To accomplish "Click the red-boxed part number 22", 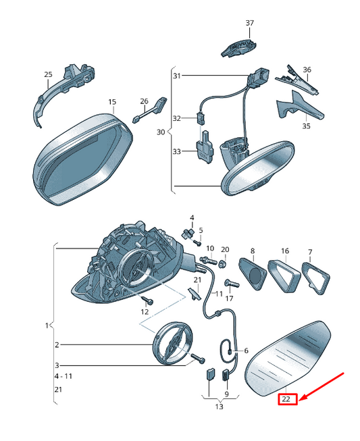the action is pyautogui.click(x=288, y=399).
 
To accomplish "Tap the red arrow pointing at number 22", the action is pyautogui.click(x=322, y=386).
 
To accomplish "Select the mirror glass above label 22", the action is pyautogui.click(x=288, y=359).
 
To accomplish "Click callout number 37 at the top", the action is pyautogui.click(x=250, y=23).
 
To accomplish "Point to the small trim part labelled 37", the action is pyautogui.click(x=238, y=48).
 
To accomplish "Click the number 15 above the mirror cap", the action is pyautogui.click(x=112, y=102).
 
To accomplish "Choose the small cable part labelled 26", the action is pyautogui.click(x=150, y=110).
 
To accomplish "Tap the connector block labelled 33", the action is pyautogui.click(x=205, y=148).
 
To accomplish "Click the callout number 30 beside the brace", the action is pyautogui.click(x=161, y=132).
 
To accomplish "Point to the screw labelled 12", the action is pyautogui.click(x=147, y=301).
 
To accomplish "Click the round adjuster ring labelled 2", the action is pyautogui.click(x=172, y=343).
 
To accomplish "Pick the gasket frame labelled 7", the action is pyautogui.click(x=315, y=278).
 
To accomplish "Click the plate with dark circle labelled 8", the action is pyautogui.click(x=253, y=274).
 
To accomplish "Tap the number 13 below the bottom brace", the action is pyautogui.click(x=219, y=407).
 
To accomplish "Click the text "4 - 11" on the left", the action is pyautogui.click(x=63, y=376).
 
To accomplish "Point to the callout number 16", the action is pyautogui.click(x=285, y=251).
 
